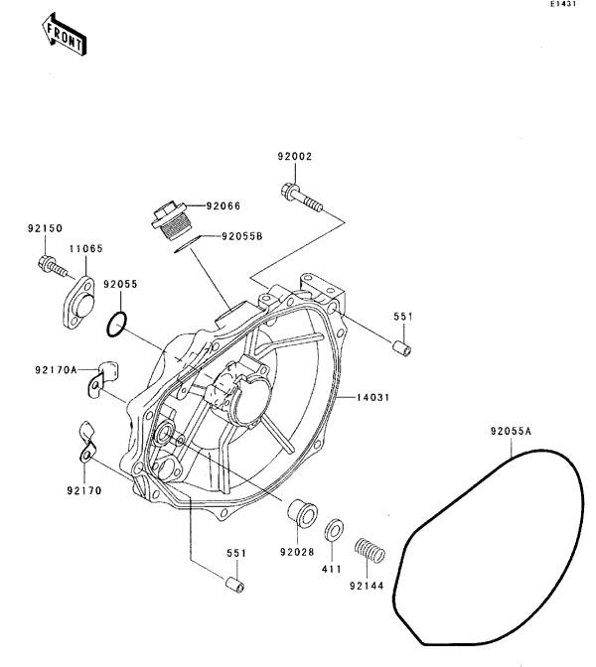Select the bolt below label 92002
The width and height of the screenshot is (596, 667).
pos(303,199)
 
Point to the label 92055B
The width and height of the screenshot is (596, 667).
pos(241,237)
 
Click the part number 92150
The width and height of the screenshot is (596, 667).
pos(45,228)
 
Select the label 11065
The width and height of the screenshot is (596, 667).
pos(85,249)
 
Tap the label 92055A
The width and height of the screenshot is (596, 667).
pos(512,432)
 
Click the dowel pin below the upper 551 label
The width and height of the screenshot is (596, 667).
pos(400,350)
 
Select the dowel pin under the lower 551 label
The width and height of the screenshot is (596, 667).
pos(235,584)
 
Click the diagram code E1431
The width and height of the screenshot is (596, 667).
pos(563,6)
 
